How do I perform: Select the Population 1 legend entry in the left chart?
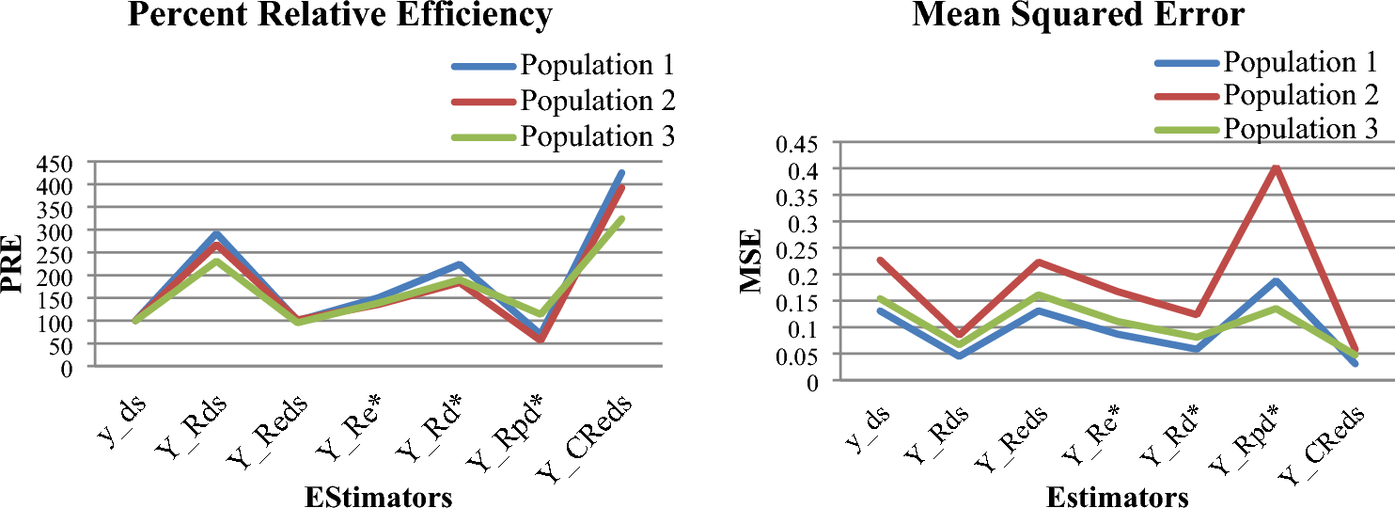tap(597, 66)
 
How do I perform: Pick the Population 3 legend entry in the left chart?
tap(597, 135)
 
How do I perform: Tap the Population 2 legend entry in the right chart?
tap(1300, 95)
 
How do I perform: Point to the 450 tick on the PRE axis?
tap(53, 163)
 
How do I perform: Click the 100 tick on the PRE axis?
tap(53, 322)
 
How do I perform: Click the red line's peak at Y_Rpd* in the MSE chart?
tap(1275, 168)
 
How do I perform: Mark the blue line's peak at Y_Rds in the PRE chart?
tap(216, 234)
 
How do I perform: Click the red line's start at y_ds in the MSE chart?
tap(880, 261)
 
